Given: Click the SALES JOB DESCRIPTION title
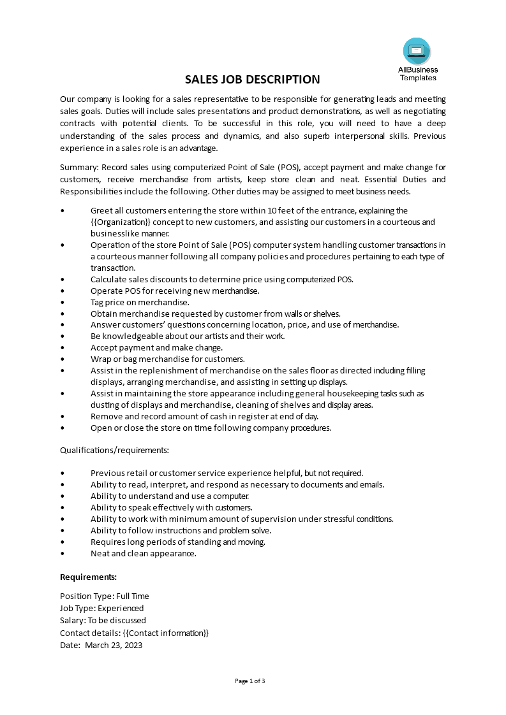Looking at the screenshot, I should tap(253, 80).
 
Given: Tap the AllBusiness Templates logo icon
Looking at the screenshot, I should tap(417, 51).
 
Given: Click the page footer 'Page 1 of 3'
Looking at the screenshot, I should tap(250, 681).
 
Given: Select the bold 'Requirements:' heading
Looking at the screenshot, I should tap(88, 577).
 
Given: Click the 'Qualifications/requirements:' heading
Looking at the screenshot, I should tap(114, 451).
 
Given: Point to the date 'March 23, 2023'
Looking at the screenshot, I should tap(114, 646).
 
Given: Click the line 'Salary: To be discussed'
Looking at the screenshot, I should tap(103, 621).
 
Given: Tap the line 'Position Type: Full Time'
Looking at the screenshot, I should tap(104, 596).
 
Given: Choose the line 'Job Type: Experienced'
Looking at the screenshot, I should tap(101, 609).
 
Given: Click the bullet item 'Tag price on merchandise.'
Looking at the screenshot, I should tap(140, 302).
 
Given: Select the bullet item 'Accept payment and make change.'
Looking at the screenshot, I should tap(156, 348).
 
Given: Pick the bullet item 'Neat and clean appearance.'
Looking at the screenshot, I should tap(143, 554).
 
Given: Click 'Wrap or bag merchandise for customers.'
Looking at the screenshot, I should tap(167, 359).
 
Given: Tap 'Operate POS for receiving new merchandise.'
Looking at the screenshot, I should tap(175, 291).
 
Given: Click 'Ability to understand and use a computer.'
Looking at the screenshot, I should tap(170, 496).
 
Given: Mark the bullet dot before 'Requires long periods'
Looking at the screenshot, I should tap(62, 542).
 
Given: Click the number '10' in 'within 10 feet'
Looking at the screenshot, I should tap(272, 211).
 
